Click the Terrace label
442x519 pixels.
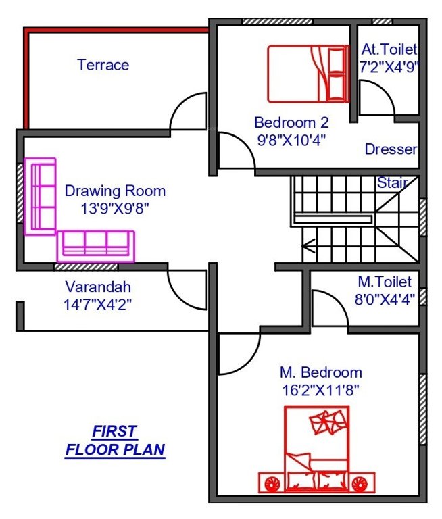pos(103,65)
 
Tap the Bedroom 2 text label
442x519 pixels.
pos(291,122)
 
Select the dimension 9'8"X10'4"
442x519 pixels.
pos(291,141)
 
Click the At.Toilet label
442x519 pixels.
pos(389,49)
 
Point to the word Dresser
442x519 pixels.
pos(391,149)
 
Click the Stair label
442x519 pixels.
pos(392,182)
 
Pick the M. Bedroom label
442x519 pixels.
pos(321,372)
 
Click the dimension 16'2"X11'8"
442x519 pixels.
pos(320,390)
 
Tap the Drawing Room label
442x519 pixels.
pos(115,191)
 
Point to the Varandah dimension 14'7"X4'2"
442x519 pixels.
pos(97,304)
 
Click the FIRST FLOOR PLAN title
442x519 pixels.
pos(115,440)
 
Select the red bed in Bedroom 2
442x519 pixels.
pos(308,73)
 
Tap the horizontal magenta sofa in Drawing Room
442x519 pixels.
pos(96,245)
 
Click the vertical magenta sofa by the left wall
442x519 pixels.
pos(41,196)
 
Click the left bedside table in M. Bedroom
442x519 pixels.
pos(272,483)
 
